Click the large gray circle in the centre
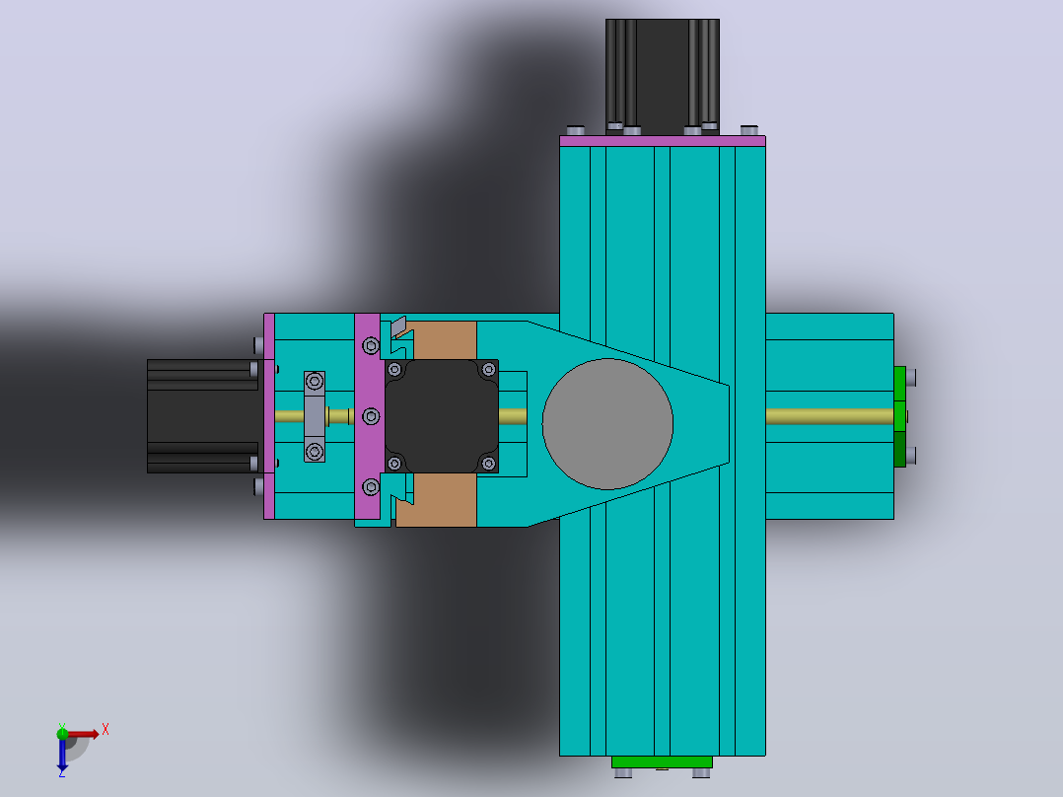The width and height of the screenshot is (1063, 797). pyautogui.click(x=607, y=424)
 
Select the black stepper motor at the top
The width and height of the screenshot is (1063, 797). pyautogui.click(x=663, y=76)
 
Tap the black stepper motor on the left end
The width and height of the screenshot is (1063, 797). pyautogui.click(x=203, y=416)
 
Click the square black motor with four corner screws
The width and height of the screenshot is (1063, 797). pyautogui.click(x=442, y=416)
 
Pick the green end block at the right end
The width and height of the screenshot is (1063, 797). pyautogui.click(x=899, y=416)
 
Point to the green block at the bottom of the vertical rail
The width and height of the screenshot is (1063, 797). pyautogui.click(x=662, y=761)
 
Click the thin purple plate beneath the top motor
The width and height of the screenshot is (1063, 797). pyautogui.click(x=663, y=141)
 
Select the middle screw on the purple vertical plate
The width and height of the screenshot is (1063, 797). pyautogui.click(x=371, y=416)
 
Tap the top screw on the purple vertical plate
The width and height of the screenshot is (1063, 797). pyautogui.click(x=371, y=346)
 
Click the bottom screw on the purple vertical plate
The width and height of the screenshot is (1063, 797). pyautogui.click(x=371, y=486)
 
